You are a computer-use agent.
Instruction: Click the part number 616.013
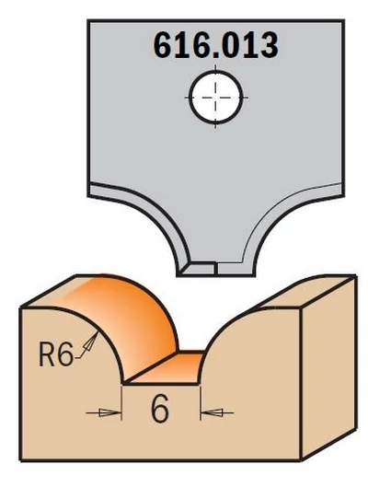pos(215,45)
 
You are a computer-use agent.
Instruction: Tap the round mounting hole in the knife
pos(215,98)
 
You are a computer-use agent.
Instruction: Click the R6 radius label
pos(55,354)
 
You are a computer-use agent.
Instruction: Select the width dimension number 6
pos(159,410)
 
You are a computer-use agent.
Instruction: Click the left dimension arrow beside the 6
pos(104,412)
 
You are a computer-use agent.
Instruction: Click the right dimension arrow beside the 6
pos(217,412)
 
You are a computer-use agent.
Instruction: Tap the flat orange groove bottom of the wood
pos(167,368)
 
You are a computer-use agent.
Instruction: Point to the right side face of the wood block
pos(328,368)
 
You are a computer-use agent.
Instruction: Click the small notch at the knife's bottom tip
pos(216,268)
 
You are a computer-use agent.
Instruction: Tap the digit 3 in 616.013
pos(268,45)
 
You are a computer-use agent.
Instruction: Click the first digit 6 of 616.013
pos(164,45)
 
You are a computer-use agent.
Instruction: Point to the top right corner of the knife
pos(343,20)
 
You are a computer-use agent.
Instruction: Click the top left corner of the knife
pos(88,20)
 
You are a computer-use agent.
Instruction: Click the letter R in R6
pos(48,354)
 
